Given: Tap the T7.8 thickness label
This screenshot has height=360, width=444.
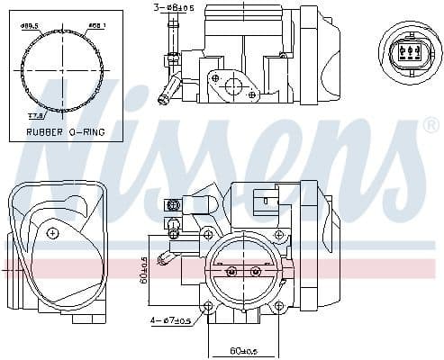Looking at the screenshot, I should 35,116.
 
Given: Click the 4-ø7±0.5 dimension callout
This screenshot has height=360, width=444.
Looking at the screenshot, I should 170,319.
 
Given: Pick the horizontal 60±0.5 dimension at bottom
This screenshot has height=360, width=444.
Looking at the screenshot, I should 244,350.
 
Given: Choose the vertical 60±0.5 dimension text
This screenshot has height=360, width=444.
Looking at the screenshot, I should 144,268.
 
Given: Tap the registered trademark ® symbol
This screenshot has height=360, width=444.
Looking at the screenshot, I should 431,127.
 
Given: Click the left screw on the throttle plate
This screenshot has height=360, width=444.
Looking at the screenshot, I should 231,270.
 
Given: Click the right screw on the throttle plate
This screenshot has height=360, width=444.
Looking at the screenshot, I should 256,270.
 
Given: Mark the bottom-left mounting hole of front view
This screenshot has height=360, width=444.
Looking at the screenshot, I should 209,307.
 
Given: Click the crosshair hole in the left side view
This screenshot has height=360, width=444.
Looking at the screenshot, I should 53,234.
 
